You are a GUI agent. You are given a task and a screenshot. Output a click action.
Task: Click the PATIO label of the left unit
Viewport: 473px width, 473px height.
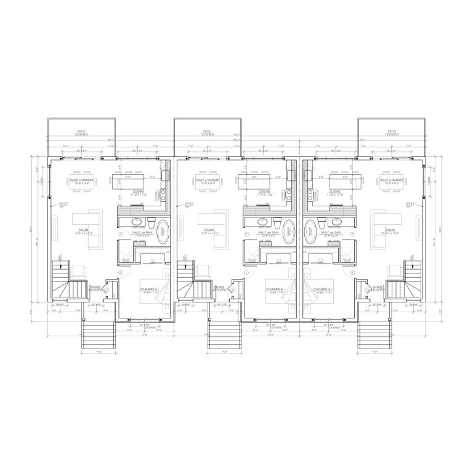pos(81,131)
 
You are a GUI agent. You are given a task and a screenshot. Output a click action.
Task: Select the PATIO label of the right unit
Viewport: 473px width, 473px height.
pos(391,131)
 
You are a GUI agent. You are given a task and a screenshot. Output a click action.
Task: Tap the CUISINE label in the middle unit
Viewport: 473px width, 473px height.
pos(265,192)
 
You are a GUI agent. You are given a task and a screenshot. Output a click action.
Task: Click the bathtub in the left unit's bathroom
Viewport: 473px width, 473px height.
pos(164,232)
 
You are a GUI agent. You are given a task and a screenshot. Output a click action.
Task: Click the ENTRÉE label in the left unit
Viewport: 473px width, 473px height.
pos(96,288)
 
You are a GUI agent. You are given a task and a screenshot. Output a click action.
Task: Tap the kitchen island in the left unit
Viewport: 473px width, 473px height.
pos(127,180)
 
